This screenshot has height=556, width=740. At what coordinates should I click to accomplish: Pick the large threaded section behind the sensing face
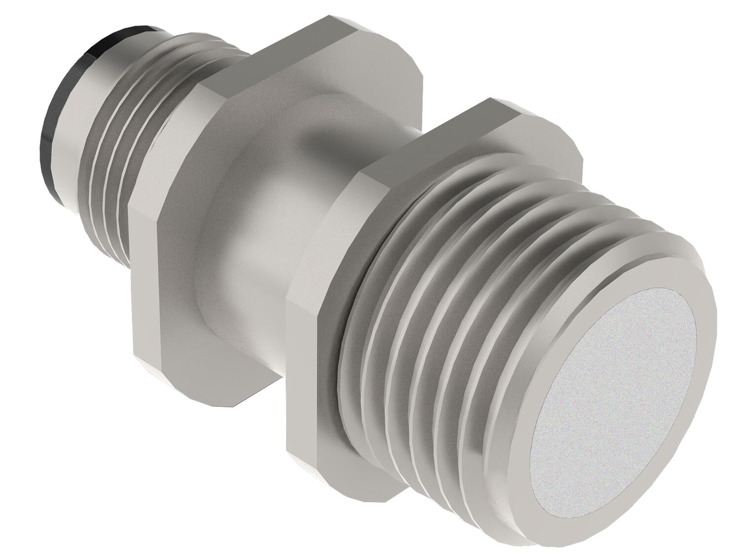pyautogui.click(x=444, y=296)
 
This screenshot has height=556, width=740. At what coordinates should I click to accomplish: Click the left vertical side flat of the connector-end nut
pyautogui.click(x=143, y=286)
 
